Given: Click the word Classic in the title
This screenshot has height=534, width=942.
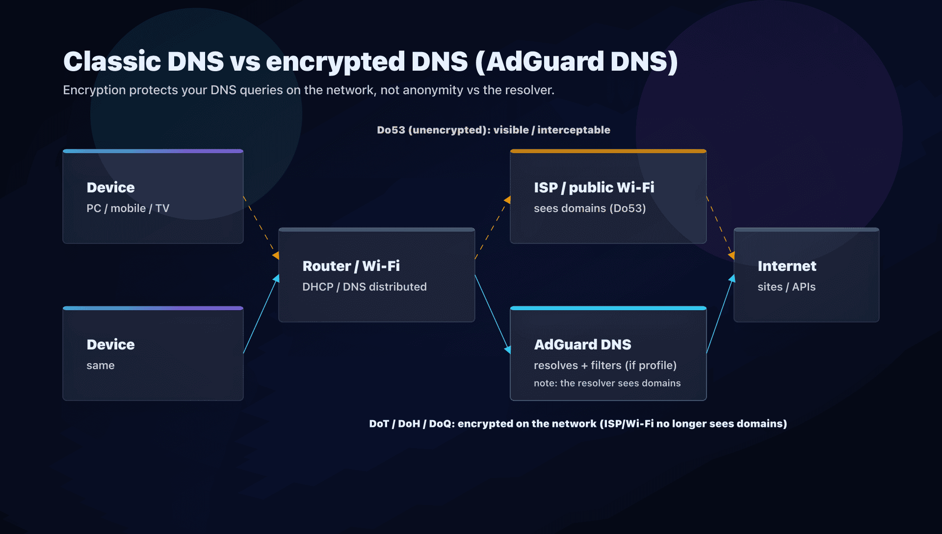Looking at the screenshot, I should coord(112,62).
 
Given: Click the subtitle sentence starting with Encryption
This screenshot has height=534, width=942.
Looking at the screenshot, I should coord(308,90).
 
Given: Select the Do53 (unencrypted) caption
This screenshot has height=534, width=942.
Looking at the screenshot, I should coord(493,130).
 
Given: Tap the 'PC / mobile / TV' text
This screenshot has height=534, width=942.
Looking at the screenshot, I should coord(128,209).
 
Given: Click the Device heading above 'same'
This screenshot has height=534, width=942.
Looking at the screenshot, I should coord(110,345).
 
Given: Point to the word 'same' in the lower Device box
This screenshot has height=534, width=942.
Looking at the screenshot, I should coord(100,366).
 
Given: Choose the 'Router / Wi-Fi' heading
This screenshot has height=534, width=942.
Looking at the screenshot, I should coord(351,266).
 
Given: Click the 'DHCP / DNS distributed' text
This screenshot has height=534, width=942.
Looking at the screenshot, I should coord(364,287).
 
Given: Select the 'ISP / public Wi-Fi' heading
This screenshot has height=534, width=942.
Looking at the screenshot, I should coord(594,187).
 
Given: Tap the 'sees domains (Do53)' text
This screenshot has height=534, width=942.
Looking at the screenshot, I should coord(589,209).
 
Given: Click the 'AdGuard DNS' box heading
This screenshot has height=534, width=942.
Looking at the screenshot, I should coord(582,345).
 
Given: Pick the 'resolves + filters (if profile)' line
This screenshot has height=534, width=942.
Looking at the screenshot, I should coord(605,366).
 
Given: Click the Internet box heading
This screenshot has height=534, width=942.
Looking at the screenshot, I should coord(786,266).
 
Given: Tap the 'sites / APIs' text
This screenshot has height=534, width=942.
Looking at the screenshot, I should coord(786,287).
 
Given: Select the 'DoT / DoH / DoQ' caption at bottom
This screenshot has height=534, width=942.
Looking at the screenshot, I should coord(577,424).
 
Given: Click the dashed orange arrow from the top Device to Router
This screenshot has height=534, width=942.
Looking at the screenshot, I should coord(261,226).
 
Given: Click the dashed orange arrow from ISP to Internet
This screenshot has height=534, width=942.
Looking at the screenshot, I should coord(720,225).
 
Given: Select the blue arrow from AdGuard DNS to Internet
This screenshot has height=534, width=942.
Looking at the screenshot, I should coord(720,314).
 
